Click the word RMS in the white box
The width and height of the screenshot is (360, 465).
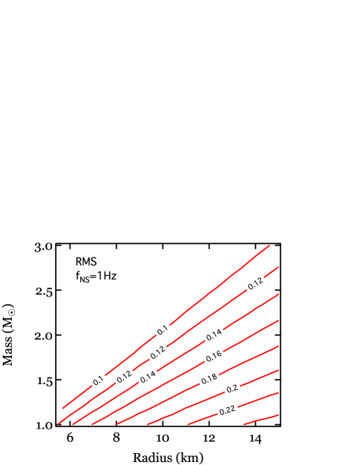[x=85, y=262]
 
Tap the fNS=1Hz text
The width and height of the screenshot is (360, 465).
[x=96, y=277]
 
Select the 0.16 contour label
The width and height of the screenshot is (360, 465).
[x=214, y=357]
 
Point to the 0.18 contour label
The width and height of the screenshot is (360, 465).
[x=209, y=380]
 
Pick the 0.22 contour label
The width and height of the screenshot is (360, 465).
[x=227, y=410]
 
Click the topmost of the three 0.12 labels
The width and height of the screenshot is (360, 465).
[x=255, y=283]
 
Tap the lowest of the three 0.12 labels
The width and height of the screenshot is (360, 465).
[x=124, y=377]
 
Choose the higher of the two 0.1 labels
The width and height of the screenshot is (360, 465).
[x=163, y=329]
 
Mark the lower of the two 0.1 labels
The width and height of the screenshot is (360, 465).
[x=98, y=381]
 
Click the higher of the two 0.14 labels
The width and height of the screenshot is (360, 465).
[x=214, y=335]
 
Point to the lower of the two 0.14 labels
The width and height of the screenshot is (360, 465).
[x=148, y=377]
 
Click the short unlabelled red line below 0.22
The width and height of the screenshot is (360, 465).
[x=261, y=420]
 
